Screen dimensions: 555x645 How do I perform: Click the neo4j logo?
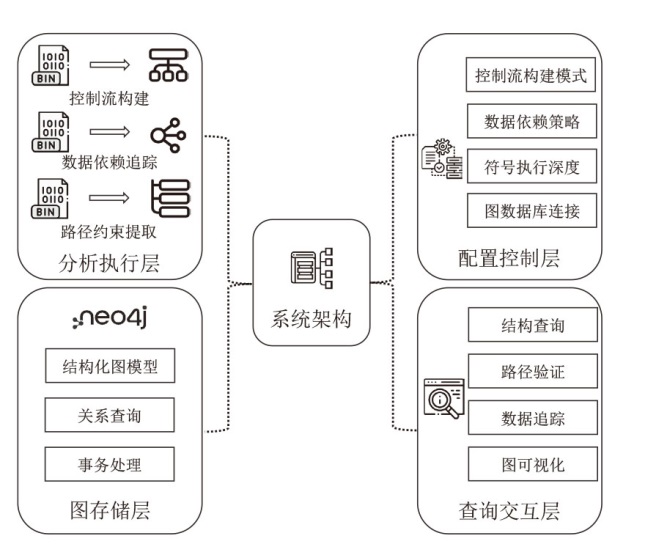[110, 320]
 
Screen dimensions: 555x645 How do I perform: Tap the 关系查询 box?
[110, 414]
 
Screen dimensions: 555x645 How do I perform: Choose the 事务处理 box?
[110, 462]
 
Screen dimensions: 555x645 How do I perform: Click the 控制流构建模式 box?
[532, 75]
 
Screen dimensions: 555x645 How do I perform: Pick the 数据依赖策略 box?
[532, 121]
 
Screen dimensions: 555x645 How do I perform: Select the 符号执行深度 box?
[532, 166]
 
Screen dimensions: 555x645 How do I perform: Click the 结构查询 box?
[532, 325]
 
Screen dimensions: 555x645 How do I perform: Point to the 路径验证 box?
[532, 371]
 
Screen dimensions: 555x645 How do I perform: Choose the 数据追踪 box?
[532, 418]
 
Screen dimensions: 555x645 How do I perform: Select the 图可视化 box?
[532, 464]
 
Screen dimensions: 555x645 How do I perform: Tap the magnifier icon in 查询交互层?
[440, 400]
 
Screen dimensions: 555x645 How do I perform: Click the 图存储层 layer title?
[110, 512]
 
